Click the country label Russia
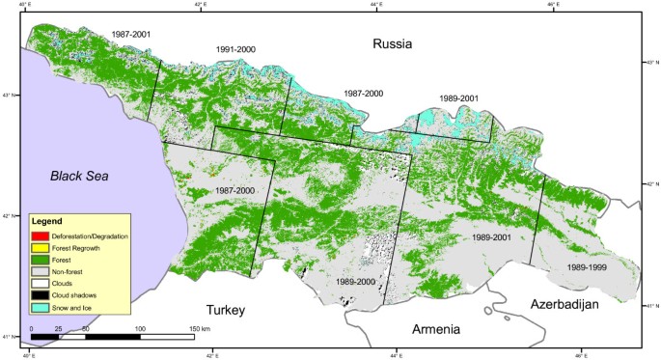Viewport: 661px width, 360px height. point(393,44)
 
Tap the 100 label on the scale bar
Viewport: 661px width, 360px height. point(140,329)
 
